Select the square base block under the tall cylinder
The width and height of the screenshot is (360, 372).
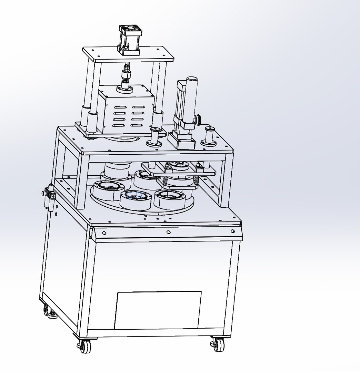(181, 141)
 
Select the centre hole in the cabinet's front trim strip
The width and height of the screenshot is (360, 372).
(168, 232)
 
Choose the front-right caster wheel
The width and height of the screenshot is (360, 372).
(217, 344)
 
